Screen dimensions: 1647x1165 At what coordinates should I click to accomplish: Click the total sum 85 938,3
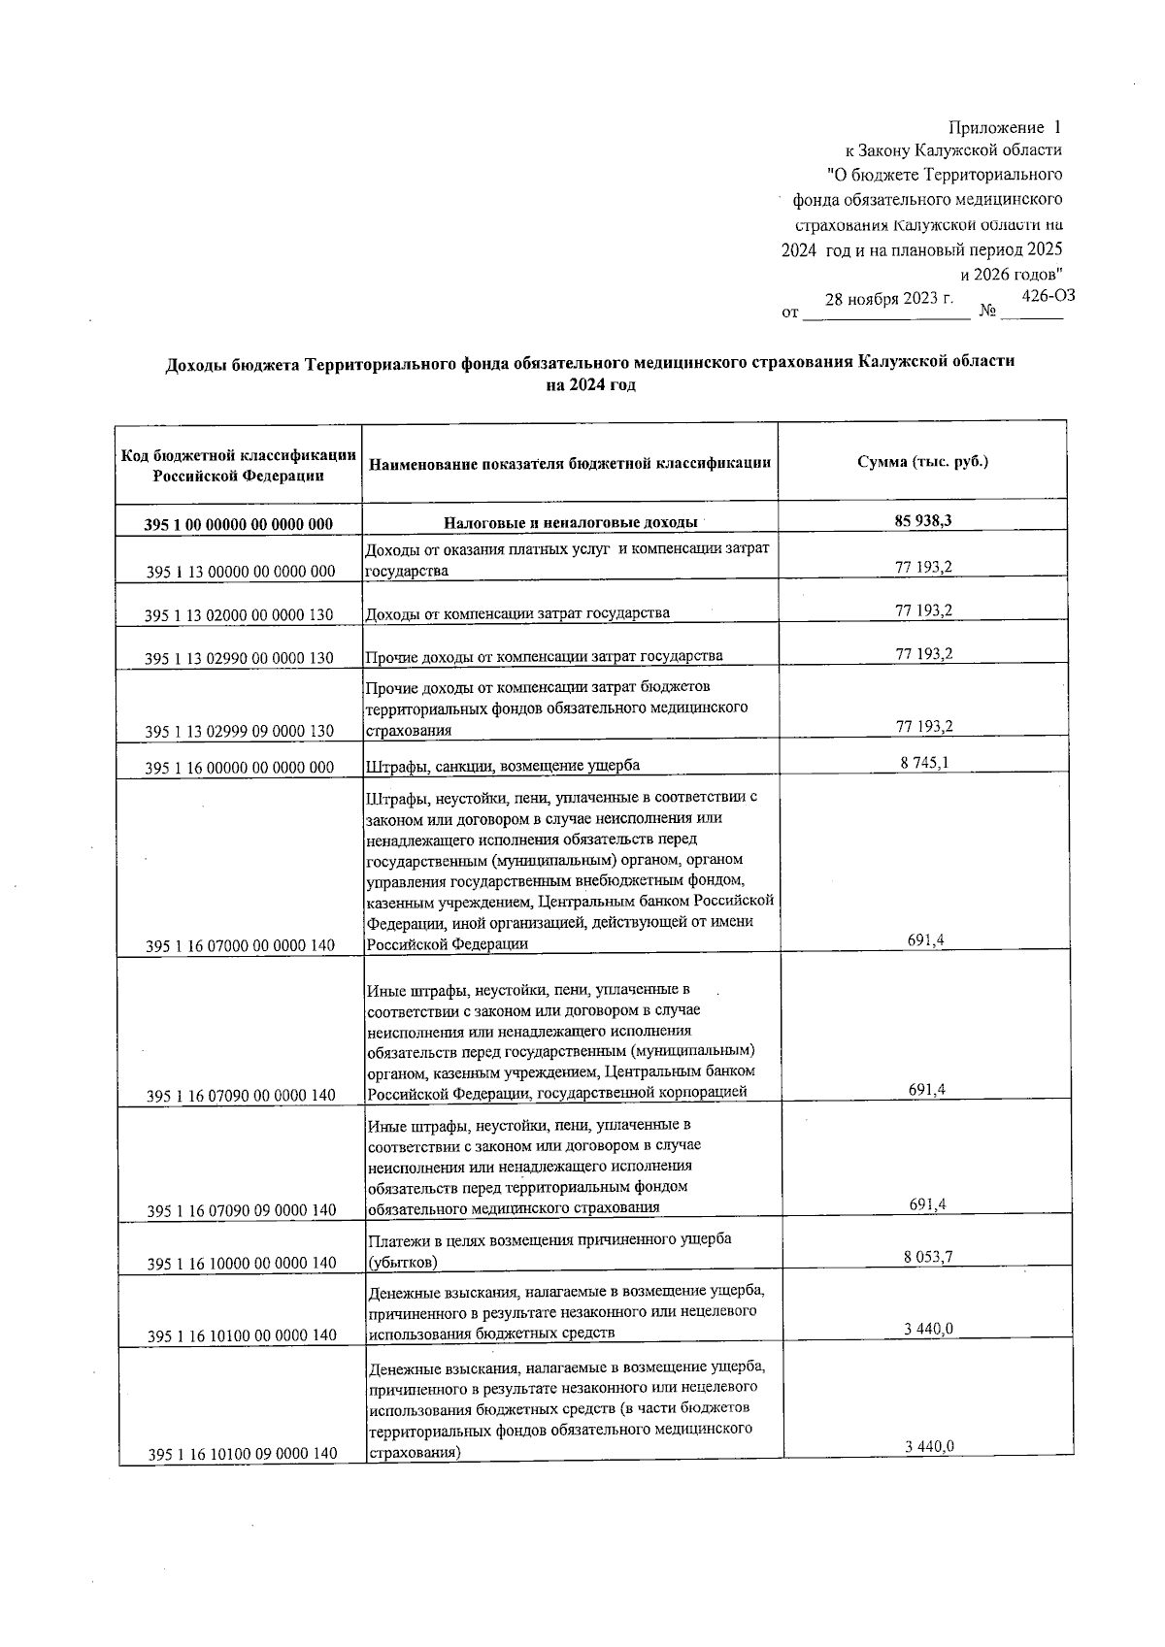(x=922, y=520)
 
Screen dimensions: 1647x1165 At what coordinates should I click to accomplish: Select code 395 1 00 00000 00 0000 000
(x=239, y=524)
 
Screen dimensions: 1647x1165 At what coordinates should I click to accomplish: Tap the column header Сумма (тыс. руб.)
(x=922, y=462)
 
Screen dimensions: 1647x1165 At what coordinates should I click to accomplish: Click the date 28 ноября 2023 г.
(x=888, y=299)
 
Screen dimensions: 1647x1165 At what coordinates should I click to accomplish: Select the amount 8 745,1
(x=924, y=763)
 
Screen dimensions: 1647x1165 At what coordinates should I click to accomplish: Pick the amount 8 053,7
(x=928, y=1257)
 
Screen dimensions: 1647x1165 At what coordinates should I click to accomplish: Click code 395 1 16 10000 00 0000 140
(x=241, y=1263)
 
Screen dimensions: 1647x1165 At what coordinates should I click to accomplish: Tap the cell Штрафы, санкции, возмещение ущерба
(x=502, y=766)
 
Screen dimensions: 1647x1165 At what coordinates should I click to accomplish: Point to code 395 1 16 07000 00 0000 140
(x=241, y=944)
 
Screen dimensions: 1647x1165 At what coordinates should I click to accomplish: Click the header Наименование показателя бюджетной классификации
(x=570, y=464)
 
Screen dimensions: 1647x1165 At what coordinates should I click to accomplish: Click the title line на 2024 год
(x=590, y=385)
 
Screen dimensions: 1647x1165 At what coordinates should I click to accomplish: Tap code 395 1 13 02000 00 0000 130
(x=239, y=615)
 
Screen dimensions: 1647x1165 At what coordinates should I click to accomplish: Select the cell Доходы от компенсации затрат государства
(x=516, y=613)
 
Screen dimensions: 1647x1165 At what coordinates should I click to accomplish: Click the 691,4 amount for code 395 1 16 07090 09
(x=927, y=1204)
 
